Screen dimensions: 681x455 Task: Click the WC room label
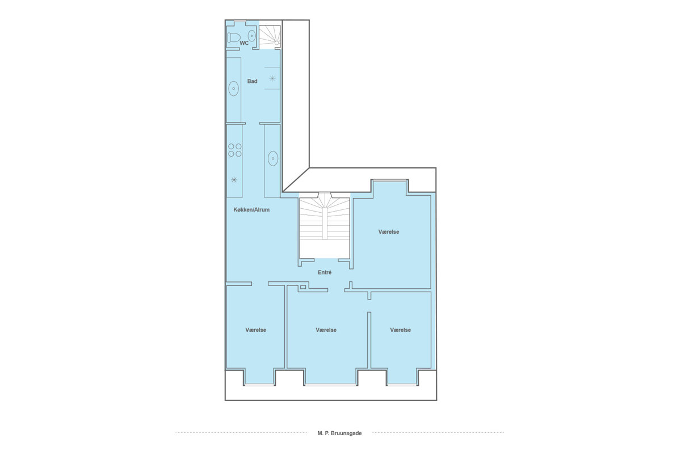click(244, 43)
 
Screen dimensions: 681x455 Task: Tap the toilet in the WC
click(233, 38)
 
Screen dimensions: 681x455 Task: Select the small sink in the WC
click(251, 36)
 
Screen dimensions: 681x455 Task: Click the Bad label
click(252, 81)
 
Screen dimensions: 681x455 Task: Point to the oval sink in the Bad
click(233, 89)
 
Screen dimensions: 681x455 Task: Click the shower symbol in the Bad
click(272, 78)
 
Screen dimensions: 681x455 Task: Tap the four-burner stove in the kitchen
click(235, 150)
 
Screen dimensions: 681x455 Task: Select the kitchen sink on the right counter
click(273, 159)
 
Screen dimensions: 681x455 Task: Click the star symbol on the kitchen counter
click(234, 180)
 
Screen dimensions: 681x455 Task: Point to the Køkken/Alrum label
click(251, 210)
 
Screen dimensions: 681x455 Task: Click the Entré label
click(325, 272)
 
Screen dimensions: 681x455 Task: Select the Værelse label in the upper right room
click(389, 231)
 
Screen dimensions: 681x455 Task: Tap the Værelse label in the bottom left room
click(256, 330)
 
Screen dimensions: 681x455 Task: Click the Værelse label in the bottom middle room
click(326, 330)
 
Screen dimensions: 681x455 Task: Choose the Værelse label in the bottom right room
click(401, 330)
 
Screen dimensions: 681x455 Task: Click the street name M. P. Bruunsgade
click(339, 433)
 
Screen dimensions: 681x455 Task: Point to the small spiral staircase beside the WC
click(270, 37)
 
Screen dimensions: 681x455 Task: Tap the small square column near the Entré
click(303, 287)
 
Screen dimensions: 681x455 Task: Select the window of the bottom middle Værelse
click(330, 385)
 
